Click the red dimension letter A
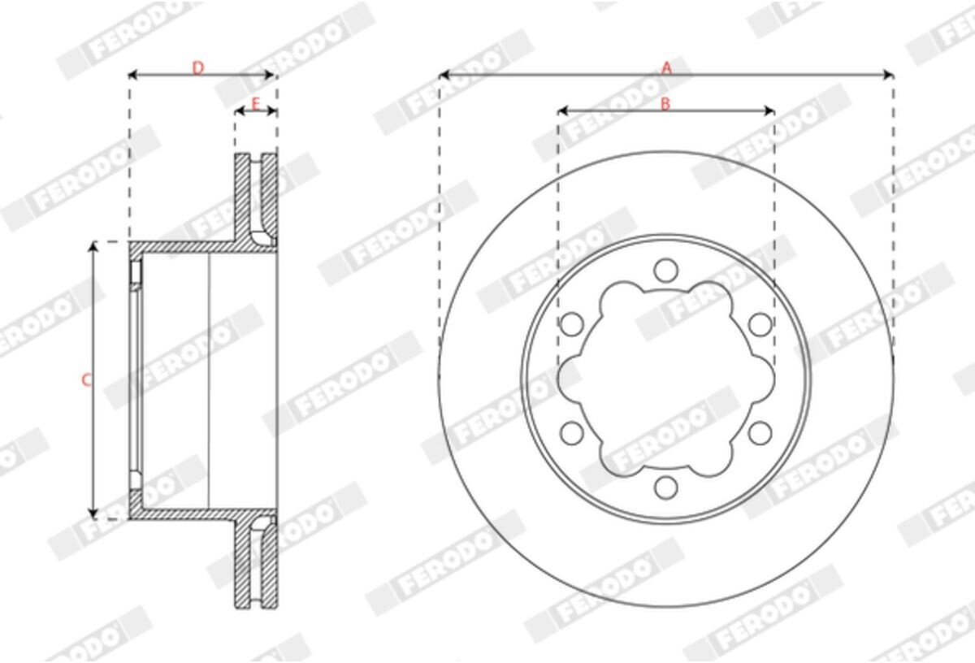tap(667, 68)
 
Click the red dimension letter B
tap(665, 104)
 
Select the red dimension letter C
tap(87, 380)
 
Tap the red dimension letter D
tap(198, 68)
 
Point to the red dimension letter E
tap(256, 104)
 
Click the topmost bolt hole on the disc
tap(666, 271)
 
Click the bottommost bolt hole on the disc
tap(666, 487)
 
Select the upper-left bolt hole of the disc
tap(572, 324)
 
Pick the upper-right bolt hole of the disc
tap(760, 324)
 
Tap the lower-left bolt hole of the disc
tap(572, 433)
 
